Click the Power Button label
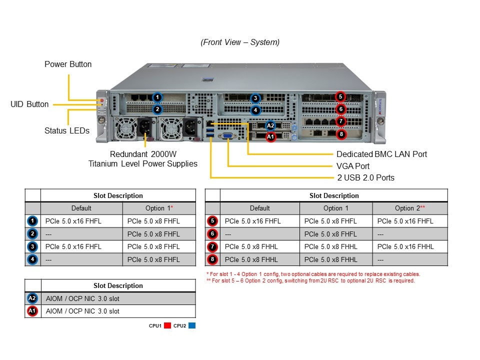[68, 64]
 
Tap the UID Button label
[29, 104]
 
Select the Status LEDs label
[67, 131]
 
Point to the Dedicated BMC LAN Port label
[381, 154]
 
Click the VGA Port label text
[353, 166]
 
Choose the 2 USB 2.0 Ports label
[365, 177]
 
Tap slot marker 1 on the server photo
[157, 97]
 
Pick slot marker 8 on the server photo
[341, 134]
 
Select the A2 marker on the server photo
[270, 126]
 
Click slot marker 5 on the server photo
[340, 97]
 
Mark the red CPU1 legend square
[167, 325]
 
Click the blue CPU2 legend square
[192, 325]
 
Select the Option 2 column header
[409, 208]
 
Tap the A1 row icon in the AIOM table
[32, 311]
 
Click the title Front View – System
[240, 42]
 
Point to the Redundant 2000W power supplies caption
[142, 159]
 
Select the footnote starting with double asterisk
[310, 280]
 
